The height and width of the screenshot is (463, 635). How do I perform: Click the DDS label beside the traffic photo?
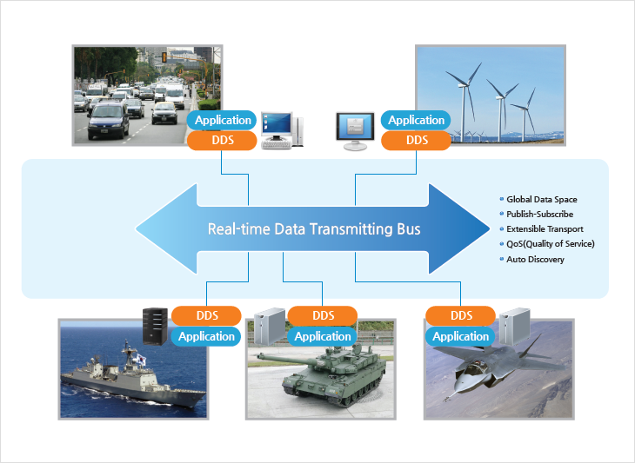pyautogui.click(x=222, y=141)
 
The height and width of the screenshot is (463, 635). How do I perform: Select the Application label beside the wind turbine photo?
pyautogui.click(x=416, y=120)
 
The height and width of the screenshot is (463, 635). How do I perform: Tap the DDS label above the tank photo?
pyautogui.click(x=323, y=315)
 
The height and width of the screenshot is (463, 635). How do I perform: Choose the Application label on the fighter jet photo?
pyautogui.click(x=460, y=336)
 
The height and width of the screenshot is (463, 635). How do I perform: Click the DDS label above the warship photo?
pyautogui.click(x=206, y=315)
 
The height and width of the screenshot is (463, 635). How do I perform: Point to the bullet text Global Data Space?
pyautogui.click(x=542, y=199)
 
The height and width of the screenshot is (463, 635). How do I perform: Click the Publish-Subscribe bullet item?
pyautogui.click(x=540, y=215)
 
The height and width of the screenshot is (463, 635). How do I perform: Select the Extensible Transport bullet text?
pyautogui.click(x=545, y=228)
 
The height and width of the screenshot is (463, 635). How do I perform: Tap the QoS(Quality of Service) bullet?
pyautogui.click(x=551, y=244)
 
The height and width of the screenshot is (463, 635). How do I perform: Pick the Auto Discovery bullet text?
pyautogui.click(x=535, y=259)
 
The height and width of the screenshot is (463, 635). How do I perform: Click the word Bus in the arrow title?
pyautogui.click(x=409, y=228)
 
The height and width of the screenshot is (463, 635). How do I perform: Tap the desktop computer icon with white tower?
pyautogui.click(x=282, y=130)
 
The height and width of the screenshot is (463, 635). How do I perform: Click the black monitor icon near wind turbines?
pyautogui.click(x=355, y=131)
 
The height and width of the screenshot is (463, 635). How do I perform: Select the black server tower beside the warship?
pyautogui.click(x=155, y=327)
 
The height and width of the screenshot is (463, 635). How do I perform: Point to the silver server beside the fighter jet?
pyautogui.click(x=514, y=327)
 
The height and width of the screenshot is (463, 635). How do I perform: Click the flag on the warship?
pyautogui.click(x=141, y=359)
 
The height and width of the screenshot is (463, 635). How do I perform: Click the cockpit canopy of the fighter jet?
pyautogui.click(x=476, y=367)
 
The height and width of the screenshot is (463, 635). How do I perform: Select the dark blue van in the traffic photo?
pyautogui.click(x=108, y=121)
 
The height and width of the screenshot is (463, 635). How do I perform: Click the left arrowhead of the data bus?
pyautogui.click(x=166, y=228)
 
